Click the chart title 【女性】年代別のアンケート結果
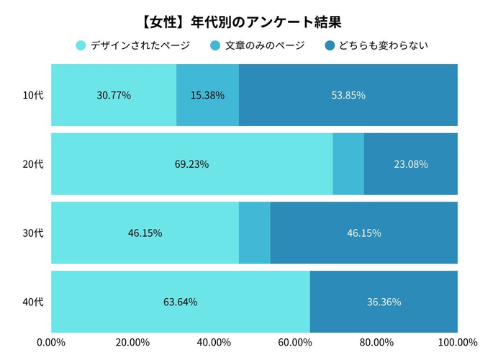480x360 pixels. [240, 21]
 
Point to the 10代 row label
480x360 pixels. [33, 95]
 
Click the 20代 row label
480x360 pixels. [33, 164]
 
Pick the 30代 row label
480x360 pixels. [33, 233]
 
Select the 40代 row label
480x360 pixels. [33, 302]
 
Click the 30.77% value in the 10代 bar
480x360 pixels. [114, 95]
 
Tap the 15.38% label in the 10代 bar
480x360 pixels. [207, 95]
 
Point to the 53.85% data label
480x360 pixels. [348, 95]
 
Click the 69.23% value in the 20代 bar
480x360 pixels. [191, 164]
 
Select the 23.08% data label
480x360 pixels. [411, 164]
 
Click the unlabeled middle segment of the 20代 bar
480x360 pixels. [348, 164]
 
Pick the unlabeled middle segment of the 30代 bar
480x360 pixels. [255, 233]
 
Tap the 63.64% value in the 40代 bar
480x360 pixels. [181, 302]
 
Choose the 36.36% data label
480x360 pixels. [384, 302]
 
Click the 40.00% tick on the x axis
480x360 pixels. [214, 341]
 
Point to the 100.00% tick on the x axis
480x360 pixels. [458, 341]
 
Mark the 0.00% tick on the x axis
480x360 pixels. [51, 341]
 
